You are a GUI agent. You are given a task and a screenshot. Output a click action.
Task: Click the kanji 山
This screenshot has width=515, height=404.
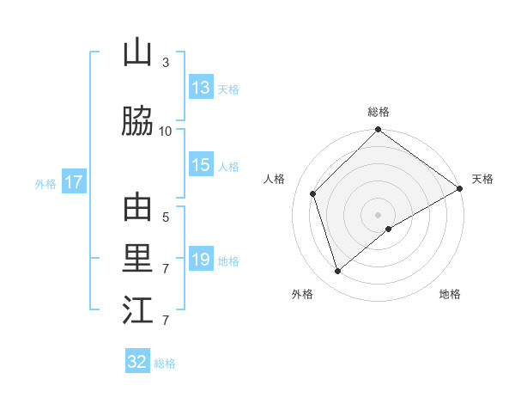[136, 54]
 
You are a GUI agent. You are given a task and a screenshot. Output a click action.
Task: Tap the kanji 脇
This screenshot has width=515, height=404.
[136, 123]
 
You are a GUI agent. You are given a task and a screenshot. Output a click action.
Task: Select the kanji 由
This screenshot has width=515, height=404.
[136, 209]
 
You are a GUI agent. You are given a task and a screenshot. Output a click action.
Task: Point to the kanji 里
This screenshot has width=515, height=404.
[136, 260]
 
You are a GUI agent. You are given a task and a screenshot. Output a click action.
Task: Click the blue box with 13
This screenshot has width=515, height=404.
[201, 88]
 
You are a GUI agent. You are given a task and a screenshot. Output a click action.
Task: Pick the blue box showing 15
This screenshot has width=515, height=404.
[201, 166]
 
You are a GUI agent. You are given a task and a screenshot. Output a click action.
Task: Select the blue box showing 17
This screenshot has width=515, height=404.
[73, 182]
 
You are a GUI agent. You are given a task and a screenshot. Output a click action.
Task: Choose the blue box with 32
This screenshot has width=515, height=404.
[137, 362]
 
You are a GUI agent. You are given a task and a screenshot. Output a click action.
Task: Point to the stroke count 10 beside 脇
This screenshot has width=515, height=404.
[166, 132]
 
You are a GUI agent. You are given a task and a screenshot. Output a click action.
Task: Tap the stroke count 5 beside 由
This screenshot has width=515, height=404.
[166, 217]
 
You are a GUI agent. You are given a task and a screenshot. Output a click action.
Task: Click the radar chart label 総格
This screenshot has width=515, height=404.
[379, 112]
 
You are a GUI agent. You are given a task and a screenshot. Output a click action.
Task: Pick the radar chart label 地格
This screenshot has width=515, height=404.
[450, 294]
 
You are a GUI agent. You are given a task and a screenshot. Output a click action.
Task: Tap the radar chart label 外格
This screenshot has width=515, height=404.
[302, 294]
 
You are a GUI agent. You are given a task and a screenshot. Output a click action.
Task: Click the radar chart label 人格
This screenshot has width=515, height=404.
[275, 179]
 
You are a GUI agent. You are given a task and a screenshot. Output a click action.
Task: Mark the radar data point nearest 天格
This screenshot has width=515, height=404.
[460, 188]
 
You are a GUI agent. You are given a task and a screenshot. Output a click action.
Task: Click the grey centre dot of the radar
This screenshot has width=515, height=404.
[378, 214]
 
